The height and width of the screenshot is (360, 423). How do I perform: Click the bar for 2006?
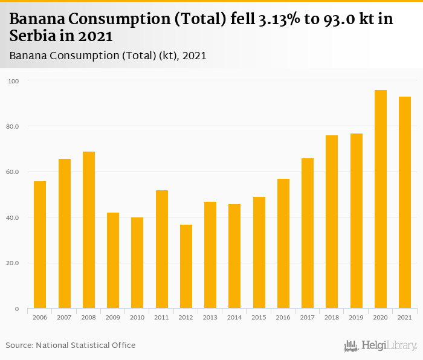pyautogui.click(x=40, y=245)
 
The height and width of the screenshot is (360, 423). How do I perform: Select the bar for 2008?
pyautogui.click(x=89, y=230)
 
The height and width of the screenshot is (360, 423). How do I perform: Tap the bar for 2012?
pyautogui.click(x=186, y=266)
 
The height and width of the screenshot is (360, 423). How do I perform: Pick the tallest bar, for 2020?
pyautogui.click(x=380, y=199)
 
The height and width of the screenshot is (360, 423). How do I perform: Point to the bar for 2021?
pyautogui.click(x=404, y=202)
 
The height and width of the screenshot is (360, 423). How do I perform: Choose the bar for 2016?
pyautogui.click(x=283, y=243)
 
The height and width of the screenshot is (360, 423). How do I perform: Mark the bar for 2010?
pyautogui.click(x=137, y=263)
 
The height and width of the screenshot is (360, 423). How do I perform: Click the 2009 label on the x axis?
pyautogui.click(x=113, y=317)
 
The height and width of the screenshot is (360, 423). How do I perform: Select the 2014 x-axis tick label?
pyautogui.click(x=234, y=317)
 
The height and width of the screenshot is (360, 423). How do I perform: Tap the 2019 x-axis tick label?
pyautogui.click(x=356, y=317)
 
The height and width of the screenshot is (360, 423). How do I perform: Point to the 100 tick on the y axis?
pyautogui.click(x=14, y=81)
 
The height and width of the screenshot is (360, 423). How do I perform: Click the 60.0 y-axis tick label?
pyautogui.click(x=13, y=172)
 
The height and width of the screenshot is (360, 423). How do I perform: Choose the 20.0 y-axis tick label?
pyautogui.click(x=13, y=263)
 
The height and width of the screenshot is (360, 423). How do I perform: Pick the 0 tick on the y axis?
pyautogui.click(x=17, y=309)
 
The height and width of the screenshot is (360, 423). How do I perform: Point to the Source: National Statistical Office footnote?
pyautogui.click(x=71, y=346)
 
